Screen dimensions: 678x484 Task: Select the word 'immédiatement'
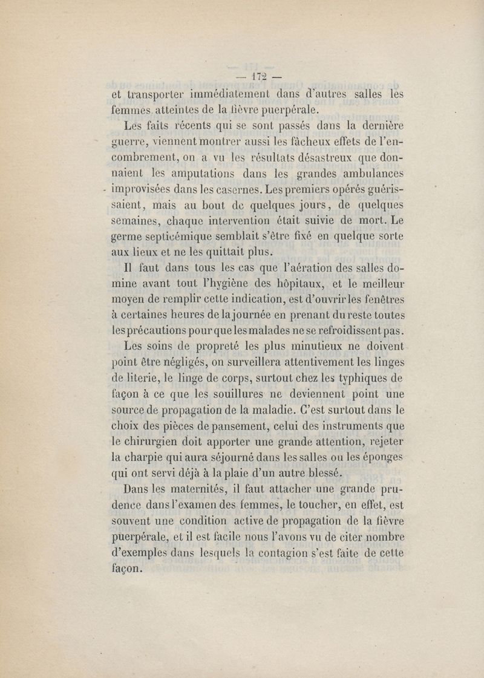click(234, 94)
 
